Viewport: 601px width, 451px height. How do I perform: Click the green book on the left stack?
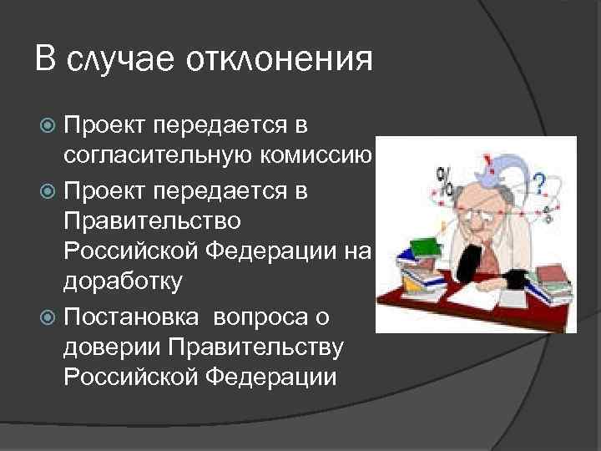(426, 247)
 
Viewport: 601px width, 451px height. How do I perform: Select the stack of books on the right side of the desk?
(552, 284)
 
